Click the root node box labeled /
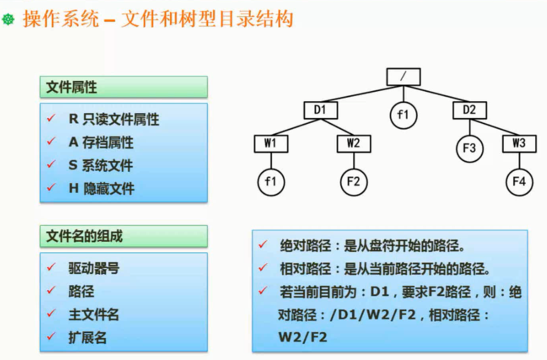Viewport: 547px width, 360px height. (x=403, y=77)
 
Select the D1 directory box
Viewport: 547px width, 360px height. (x=320, y=110)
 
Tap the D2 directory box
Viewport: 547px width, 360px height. (x=469, y=110)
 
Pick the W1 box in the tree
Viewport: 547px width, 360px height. (x=271, y=143)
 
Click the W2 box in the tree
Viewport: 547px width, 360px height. (x=353, y=143)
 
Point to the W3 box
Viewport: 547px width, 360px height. (x=519, y=143)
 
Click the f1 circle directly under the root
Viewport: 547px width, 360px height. (x=403, y=114)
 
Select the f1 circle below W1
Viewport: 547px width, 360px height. (x=271, y=182)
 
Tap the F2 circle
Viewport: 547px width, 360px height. (x=353, y=182)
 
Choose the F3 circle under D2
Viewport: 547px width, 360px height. (x=469, y=148)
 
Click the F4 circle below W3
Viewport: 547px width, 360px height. (x=519, y=182)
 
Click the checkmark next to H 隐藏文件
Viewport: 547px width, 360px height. (x=51, y=187)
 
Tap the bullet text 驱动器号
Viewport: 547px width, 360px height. (x=94, y=268)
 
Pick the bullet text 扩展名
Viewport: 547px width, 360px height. (x=88, y=337)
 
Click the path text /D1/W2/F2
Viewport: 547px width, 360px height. (x=373, y=315)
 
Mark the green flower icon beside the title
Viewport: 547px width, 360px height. (x=8, y=20)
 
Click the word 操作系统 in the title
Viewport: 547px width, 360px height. (x=61, y=19)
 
